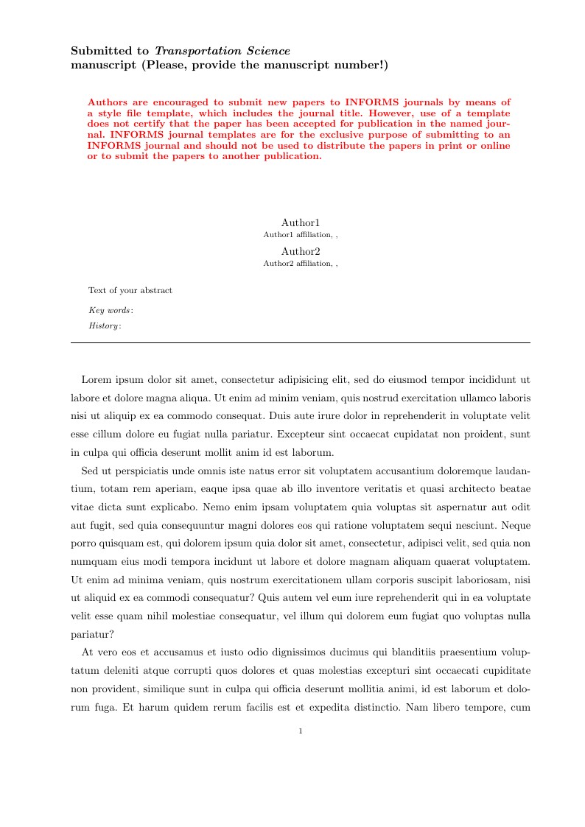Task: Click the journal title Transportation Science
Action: pos(222,51)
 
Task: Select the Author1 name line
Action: pos(301,222)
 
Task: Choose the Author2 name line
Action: pos(301,251)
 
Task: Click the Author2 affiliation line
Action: pos(301,263)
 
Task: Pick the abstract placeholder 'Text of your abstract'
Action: pos(130,290)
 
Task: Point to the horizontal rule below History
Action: pos(301,342)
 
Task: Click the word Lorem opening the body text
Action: pos(96,380)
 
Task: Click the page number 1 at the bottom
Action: pos(301,731)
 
